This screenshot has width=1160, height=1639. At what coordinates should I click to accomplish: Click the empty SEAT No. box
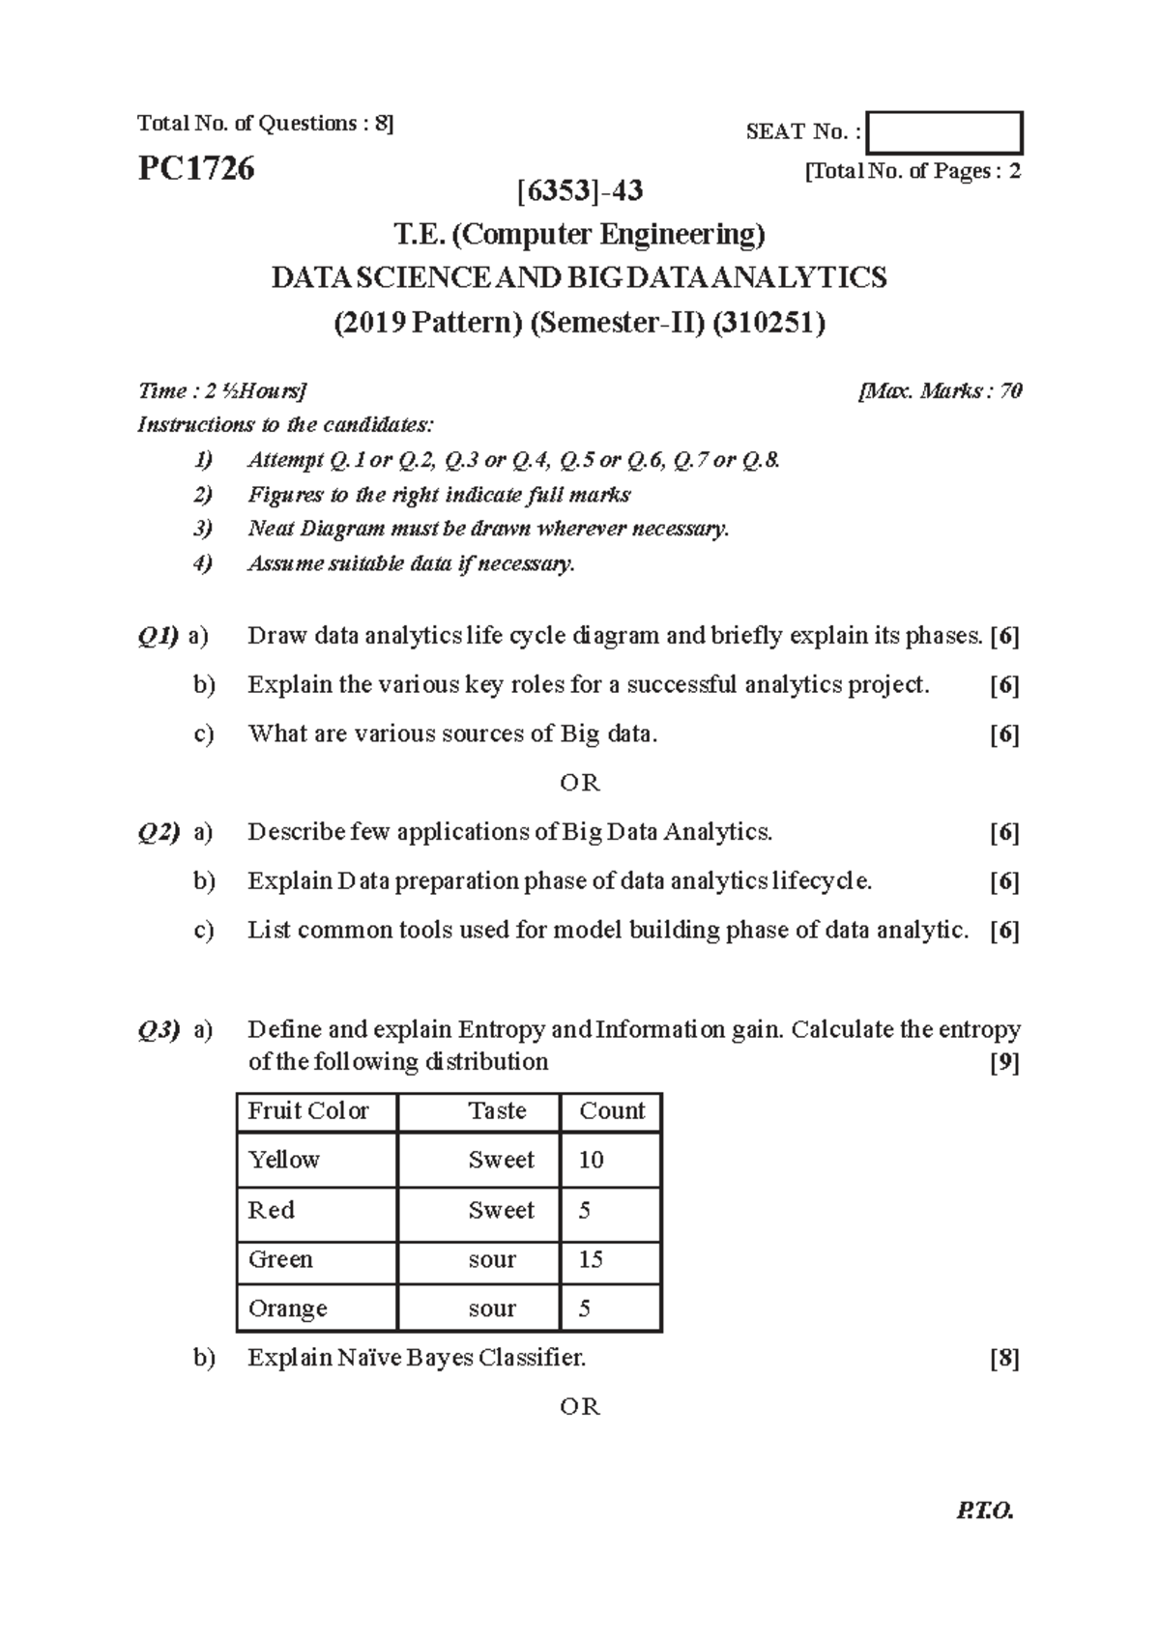coord(944,133)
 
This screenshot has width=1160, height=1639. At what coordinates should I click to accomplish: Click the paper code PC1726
coord(196,169)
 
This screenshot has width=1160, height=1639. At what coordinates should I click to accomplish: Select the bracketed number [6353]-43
coord(580,190)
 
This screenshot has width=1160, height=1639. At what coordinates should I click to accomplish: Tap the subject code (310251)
coord(768,322)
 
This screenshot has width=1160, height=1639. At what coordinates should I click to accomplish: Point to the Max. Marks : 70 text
coord(940,391)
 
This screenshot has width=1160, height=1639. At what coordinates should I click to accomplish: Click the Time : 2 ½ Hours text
coord(222,391)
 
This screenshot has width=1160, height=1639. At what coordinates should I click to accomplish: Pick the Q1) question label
coord(159,636)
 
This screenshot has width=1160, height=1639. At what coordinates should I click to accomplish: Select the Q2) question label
coord(159,832)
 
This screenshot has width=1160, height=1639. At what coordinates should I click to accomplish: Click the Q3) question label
coord(159,1030)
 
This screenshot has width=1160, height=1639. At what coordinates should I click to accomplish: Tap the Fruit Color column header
coord(308,1111)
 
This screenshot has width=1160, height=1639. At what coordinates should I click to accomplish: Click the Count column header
coord(612,1111)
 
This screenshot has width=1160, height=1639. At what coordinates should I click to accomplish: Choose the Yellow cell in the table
coord(283,1160)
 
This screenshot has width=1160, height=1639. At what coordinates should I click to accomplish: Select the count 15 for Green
coord(591,1259)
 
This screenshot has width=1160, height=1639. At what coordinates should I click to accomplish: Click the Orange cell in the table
coord(288,1308)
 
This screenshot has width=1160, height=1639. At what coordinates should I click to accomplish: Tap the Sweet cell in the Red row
coord(501,1210)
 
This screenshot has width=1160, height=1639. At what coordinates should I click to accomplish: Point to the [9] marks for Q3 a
coord(1004,1063)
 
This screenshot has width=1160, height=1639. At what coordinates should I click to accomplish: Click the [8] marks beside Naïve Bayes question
coord(1004,1359)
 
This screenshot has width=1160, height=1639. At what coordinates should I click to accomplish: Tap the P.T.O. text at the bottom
coord(984,1538)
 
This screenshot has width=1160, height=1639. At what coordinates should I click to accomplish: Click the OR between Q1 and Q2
coord(580,783)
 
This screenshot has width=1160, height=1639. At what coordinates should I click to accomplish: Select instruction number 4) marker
coord(203,563)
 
